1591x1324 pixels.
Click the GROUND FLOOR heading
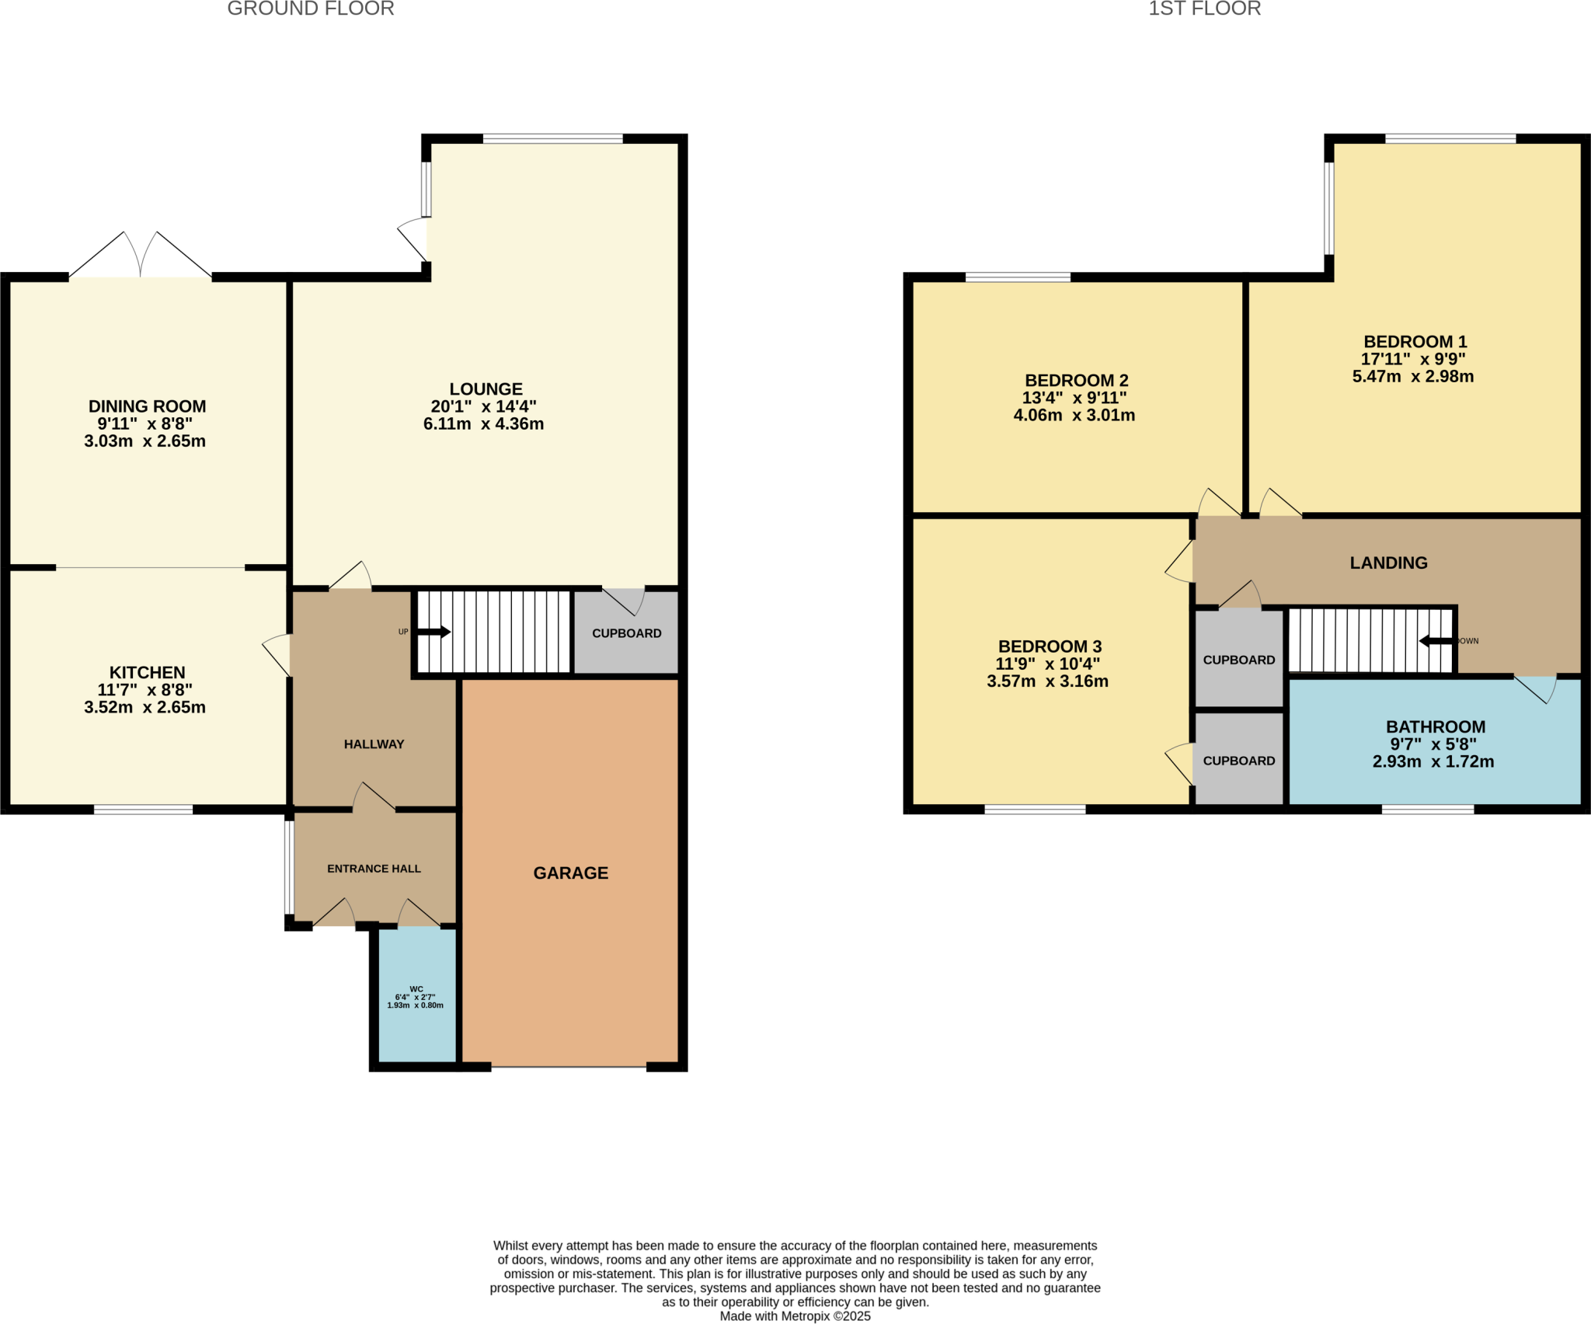click(310, 9)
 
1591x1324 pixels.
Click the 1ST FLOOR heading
click(1204, 9)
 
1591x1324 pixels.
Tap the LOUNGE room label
click(486, 388)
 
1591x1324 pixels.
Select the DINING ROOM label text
click(147, 406)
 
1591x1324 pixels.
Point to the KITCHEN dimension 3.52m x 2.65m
click(144, 707)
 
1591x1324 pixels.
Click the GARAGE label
click(570, 873)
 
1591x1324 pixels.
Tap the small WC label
click(416, 989)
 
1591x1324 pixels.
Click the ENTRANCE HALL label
click(374, 869)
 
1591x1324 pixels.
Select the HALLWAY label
click(374, 744)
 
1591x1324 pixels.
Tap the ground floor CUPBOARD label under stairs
click(626, 633)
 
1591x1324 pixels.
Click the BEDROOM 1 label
click(1415, 342)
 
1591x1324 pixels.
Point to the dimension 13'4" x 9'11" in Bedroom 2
click(1074, 398)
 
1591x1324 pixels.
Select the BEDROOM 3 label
click(1050, 646)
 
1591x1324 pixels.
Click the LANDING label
click(1388, 563)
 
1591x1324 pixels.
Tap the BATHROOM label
click(1435, 726)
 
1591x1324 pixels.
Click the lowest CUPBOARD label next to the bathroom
click(1238, 761)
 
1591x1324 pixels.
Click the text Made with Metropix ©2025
click(795, 1316)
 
